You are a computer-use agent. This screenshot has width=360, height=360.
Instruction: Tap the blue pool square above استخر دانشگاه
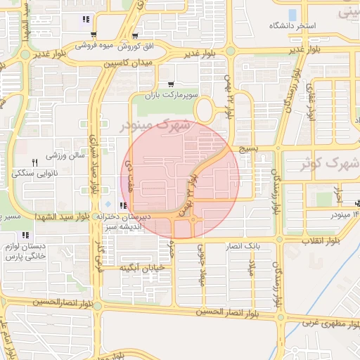(x=292, y=14)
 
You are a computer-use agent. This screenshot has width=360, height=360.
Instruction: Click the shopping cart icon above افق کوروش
(x=135, y=35)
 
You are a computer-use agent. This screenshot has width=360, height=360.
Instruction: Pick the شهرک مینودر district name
(x=155, y=125)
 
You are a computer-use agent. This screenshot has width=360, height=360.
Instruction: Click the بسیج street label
(x=250, y=150)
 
